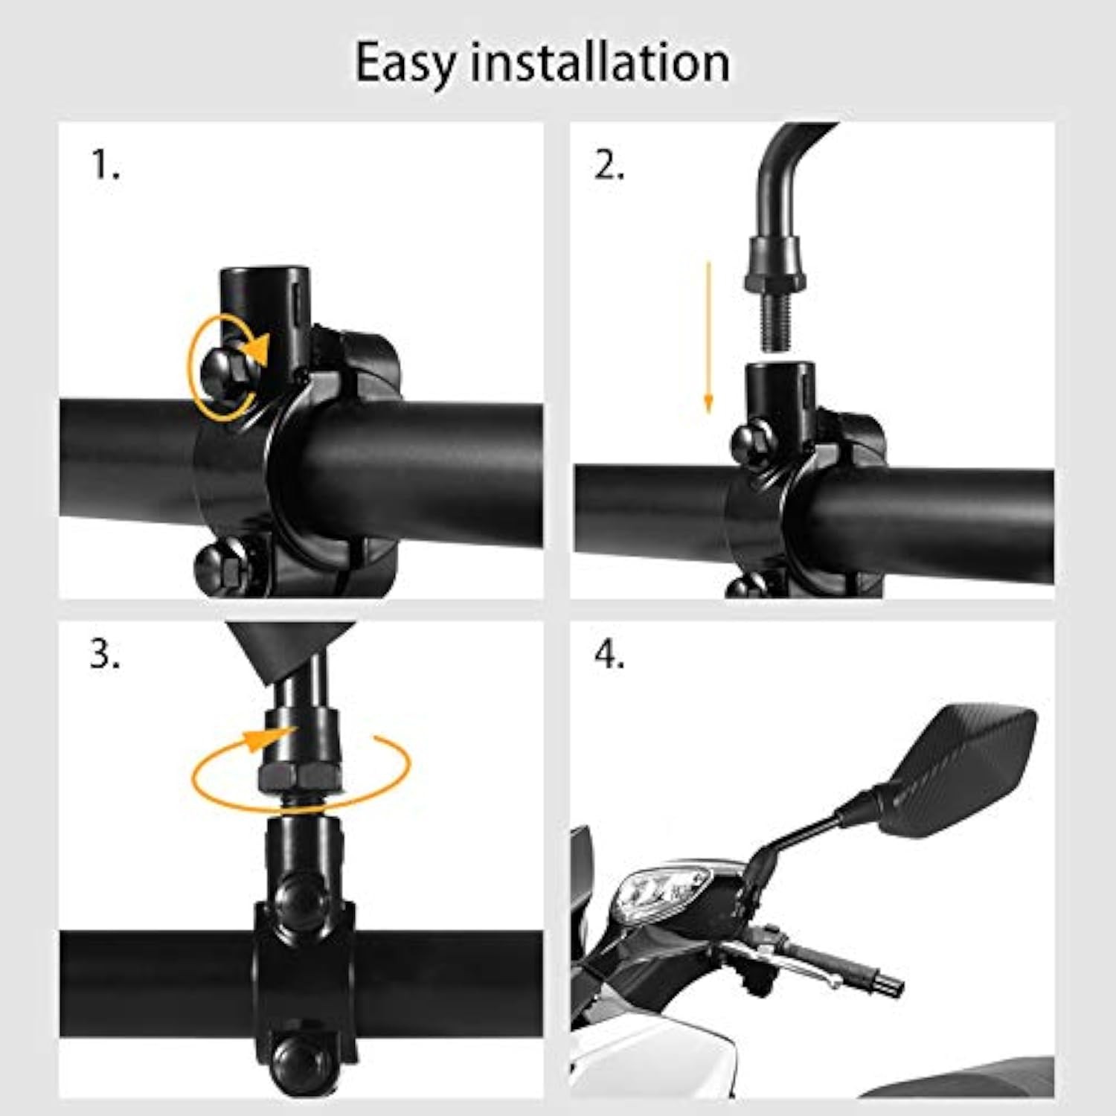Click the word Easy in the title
[405, 64]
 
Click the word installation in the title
[600, 62]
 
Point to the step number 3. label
[105, 654]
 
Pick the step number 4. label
[609, 654]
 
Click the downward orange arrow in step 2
[708, 337]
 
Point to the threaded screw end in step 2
[775, 322]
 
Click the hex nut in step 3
[299, 776]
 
